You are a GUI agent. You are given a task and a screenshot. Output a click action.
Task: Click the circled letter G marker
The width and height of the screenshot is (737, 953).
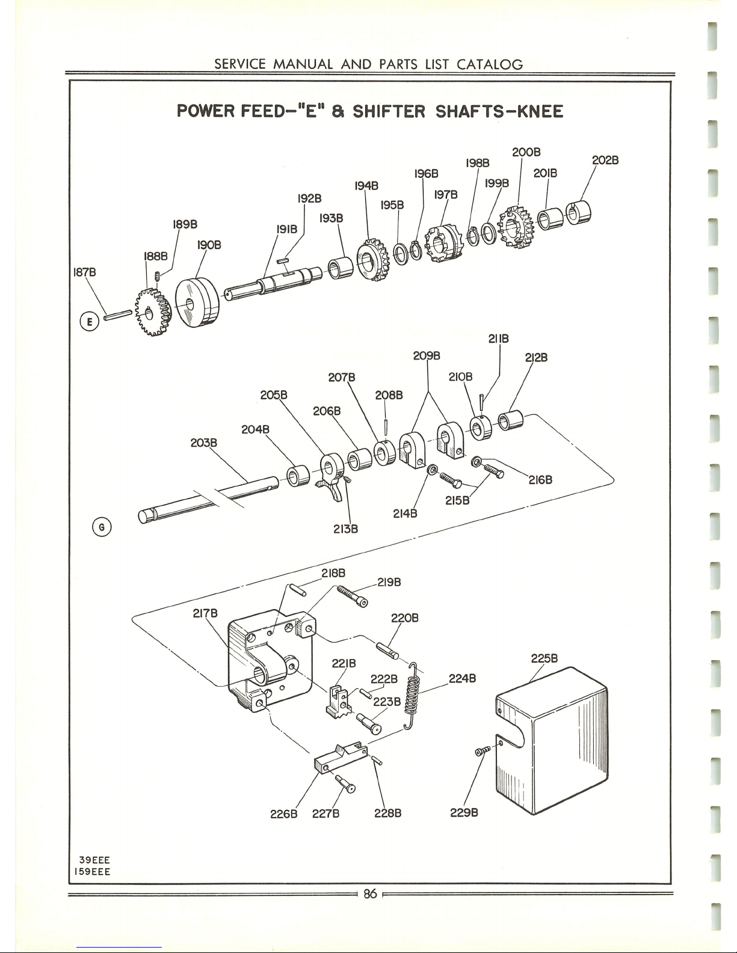pos(103,527)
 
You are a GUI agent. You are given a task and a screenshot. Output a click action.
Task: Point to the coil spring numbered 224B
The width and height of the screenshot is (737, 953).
pos(412,694)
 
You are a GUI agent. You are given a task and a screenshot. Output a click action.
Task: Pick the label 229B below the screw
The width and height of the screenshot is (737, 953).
pos(464,814)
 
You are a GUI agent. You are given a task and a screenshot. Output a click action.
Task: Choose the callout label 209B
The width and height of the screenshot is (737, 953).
pos(427,355)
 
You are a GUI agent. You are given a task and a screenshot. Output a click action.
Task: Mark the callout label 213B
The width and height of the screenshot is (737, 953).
pos(345,529)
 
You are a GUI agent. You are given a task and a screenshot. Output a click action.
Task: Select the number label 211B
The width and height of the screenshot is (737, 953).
pos(499,339)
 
